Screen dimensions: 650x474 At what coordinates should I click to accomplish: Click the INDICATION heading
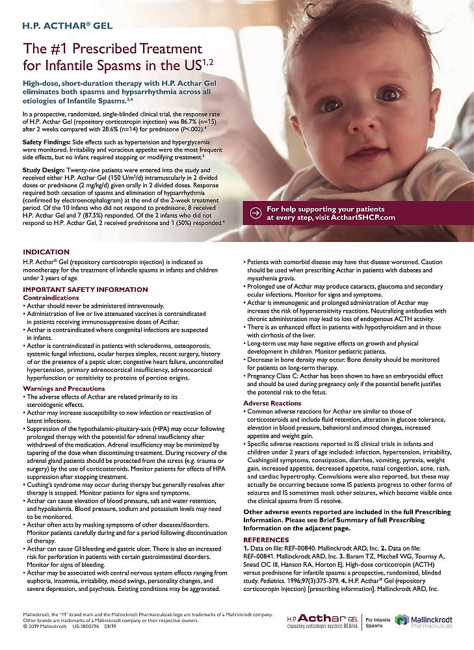pos(46,252)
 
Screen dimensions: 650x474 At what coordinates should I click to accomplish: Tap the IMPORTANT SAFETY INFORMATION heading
pos(85,289)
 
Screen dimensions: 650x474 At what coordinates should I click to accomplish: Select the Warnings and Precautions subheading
pos(64,388)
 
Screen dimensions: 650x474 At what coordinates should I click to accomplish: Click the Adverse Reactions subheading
pos(272,403)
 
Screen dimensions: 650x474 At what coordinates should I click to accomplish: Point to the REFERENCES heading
pos(266,539)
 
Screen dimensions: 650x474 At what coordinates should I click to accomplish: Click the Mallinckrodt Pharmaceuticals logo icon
pos(402,621)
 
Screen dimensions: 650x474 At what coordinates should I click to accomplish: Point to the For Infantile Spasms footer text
pos(377,622)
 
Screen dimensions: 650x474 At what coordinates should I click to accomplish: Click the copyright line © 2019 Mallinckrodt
pos(47,626)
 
